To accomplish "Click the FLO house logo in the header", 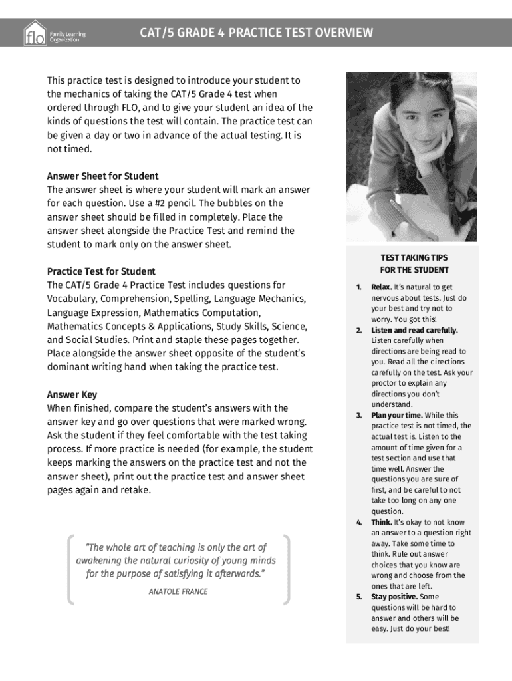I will pos(35,33).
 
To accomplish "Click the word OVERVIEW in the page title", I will pos(341,33).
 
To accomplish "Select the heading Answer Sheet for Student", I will pos(102,176).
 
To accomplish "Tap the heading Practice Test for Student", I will pos(101,271).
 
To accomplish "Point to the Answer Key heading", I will pos(72,394).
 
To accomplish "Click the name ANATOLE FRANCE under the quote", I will pos(178,591).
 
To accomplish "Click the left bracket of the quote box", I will pos(70,569).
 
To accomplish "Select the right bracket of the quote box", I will pos(287,569).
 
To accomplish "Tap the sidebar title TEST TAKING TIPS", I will pos(414,257).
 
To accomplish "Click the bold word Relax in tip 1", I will pos(381,287).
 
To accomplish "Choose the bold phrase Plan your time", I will pos(396,415).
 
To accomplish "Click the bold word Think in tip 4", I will pos(380,522).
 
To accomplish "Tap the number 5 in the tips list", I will pos(358,597).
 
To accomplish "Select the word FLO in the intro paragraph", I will pos(130,108).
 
